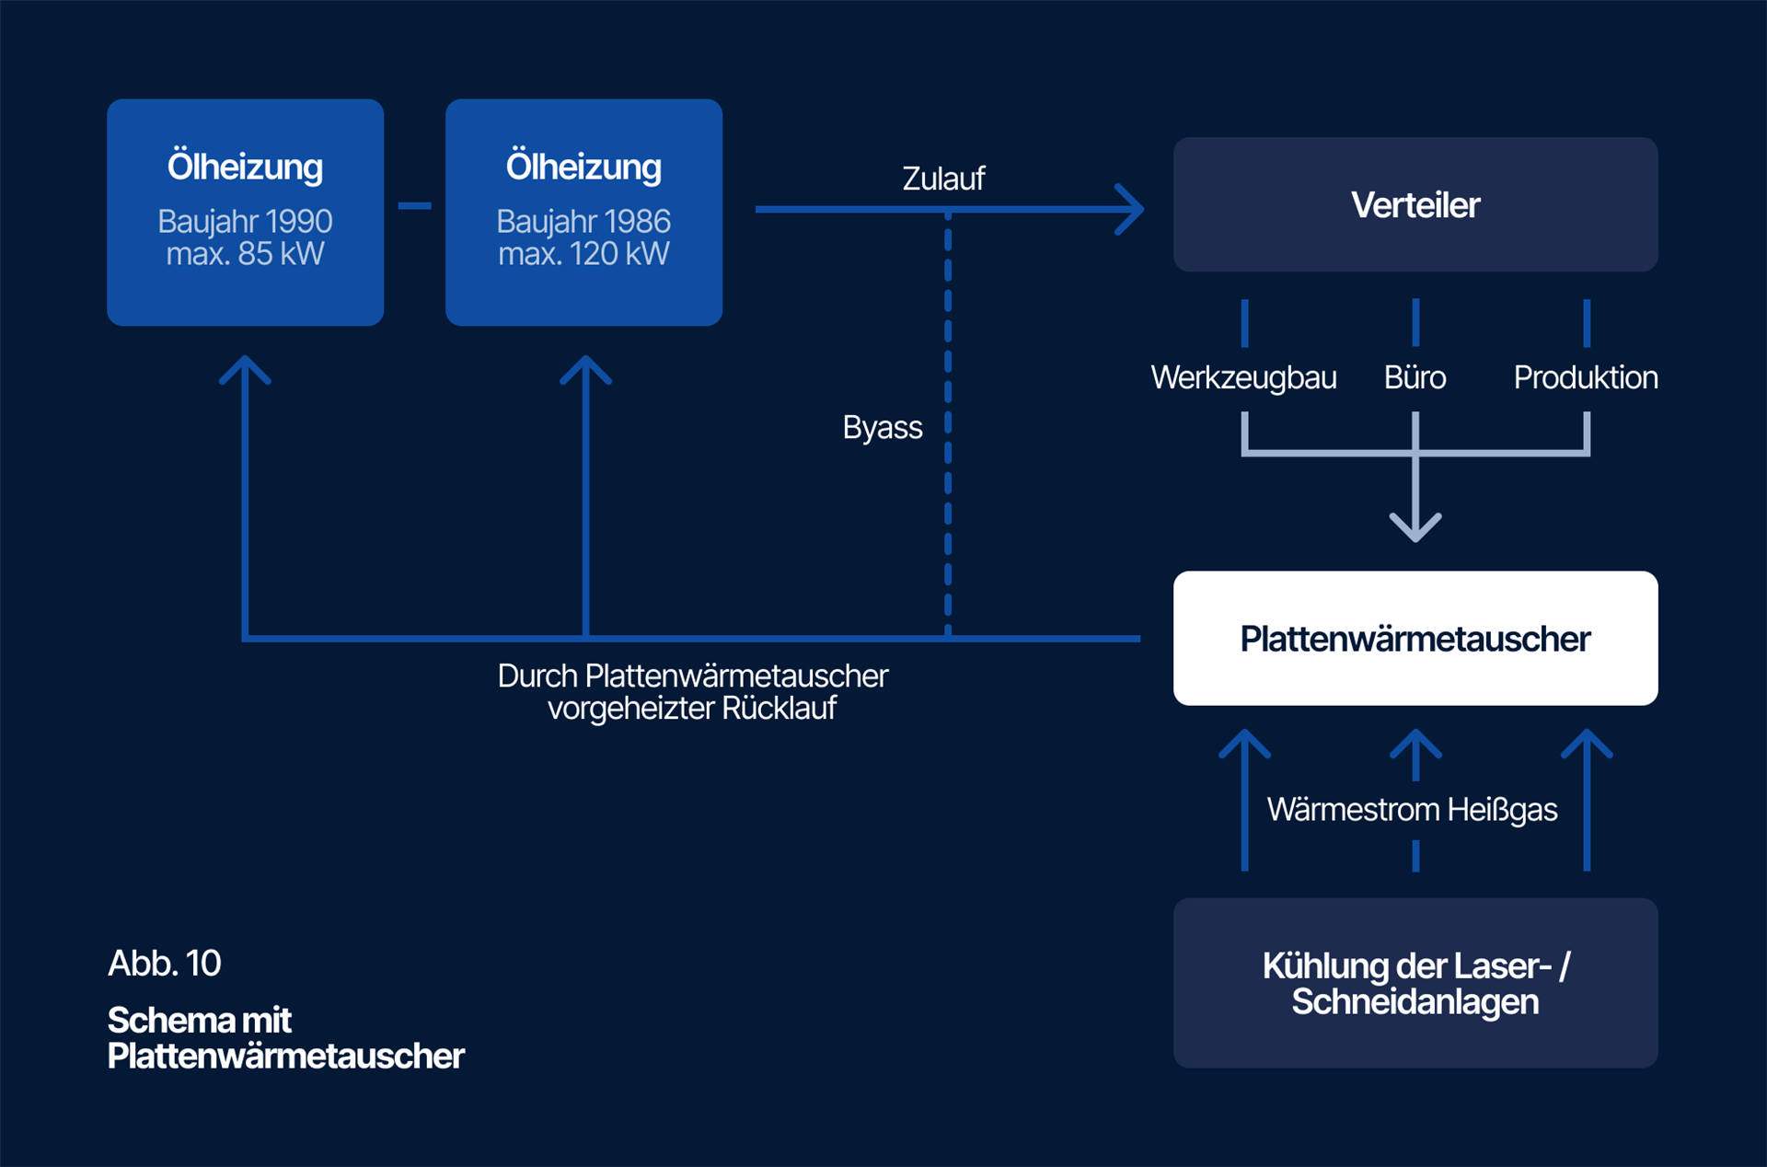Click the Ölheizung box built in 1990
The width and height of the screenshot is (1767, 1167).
tap(245, 212)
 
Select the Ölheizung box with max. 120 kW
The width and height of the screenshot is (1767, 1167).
tap(583, 212)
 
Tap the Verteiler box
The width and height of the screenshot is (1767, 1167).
tap(1415, 204)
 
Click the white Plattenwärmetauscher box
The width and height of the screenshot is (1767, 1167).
tap(1415, 638)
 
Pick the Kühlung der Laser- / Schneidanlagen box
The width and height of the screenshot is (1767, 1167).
tap(1415, 983)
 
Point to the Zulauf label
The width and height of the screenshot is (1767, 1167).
tap(943, 179)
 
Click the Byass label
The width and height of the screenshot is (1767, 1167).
tap(882, 428)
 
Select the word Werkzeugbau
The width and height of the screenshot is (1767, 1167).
tap(1243, 377)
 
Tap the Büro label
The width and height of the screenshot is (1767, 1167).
tap(1415, 377)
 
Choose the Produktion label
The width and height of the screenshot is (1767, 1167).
tap(1585, 377)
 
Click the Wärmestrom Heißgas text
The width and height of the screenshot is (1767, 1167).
tap(1412, 810)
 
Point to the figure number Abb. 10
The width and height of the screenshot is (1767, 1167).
tap(165, 963)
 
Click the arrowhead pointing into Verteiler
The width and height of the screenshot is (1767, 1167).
tap(1132, 210)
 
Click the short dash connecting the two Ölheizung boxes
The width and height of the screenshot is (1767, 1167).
tap(414, 205)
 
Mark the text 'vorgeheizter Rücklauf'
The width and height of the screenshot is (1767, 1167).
tap(692, 709)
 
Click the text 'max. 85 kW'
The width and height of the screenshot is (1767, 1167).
tap(245, 254)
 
